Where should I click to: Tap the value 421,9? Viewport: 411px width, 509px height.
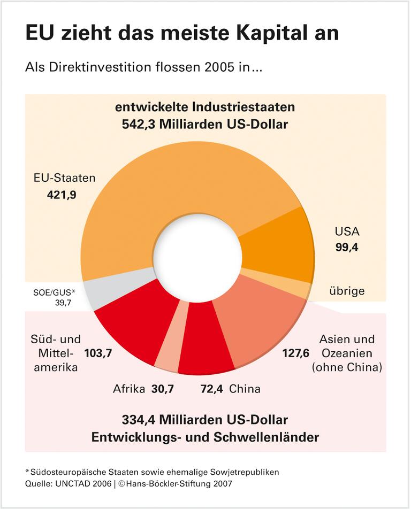click(62, 195)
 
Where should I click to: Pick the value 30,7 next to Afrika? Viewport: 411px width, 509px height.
click(163, 389)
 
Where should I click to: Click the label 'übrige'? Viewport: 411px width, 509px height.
click(346, 291)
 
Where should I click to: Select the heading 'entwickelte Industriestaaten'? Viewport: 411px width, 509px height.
click(205, 107)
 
